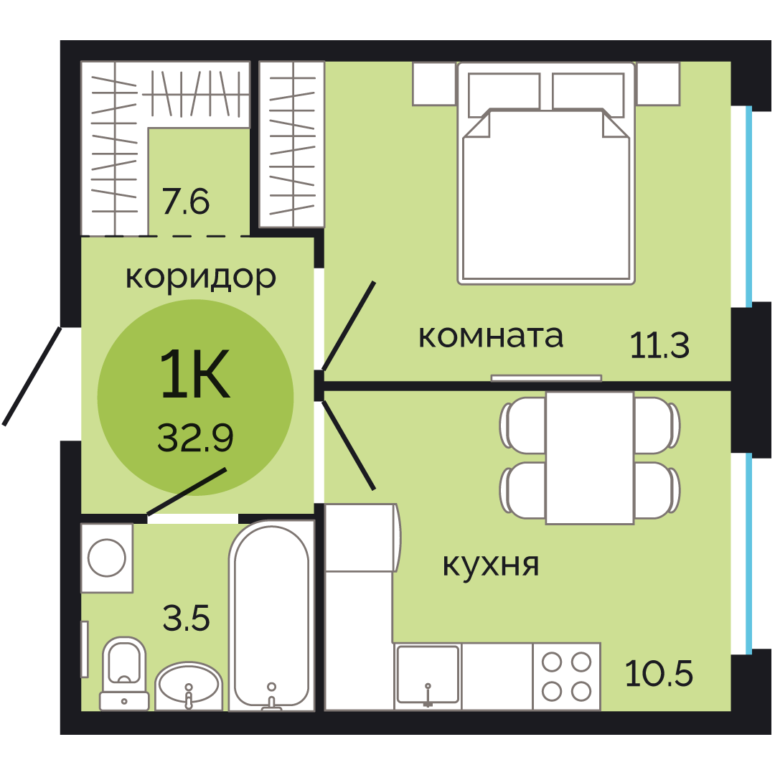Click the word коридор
click(x=201, y=277)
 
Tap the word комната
click(x=491, y=337)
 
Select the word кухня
click(x=491, y=565)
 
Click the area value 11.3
click(x=659, y=344)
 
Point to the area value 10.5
click(x=659, y=673)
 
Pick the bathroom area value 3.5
click(x=187, y=618)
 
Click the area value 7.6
click(x=186, y=201)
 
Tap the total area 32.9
click(x=195, y=438)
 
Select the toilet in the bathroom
click(x=124, y=673)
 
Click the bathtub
click(x=271, y=616)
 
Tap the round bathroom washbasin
click(x=188, y=686)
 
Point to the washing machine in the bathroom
click(x=107, y=558)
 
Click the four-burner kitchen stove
click(x=566, y=677)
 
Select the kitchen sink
click(x=428, y=677)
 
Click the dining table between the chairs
click(x=590, y=458)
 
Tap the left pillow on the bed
click(x=504, y=95)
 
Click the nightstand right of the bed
click(x=658, y=83)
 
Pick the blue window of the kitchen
click(x=749, y=553)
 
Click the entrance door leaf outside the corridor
click(x=32, y=376)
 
